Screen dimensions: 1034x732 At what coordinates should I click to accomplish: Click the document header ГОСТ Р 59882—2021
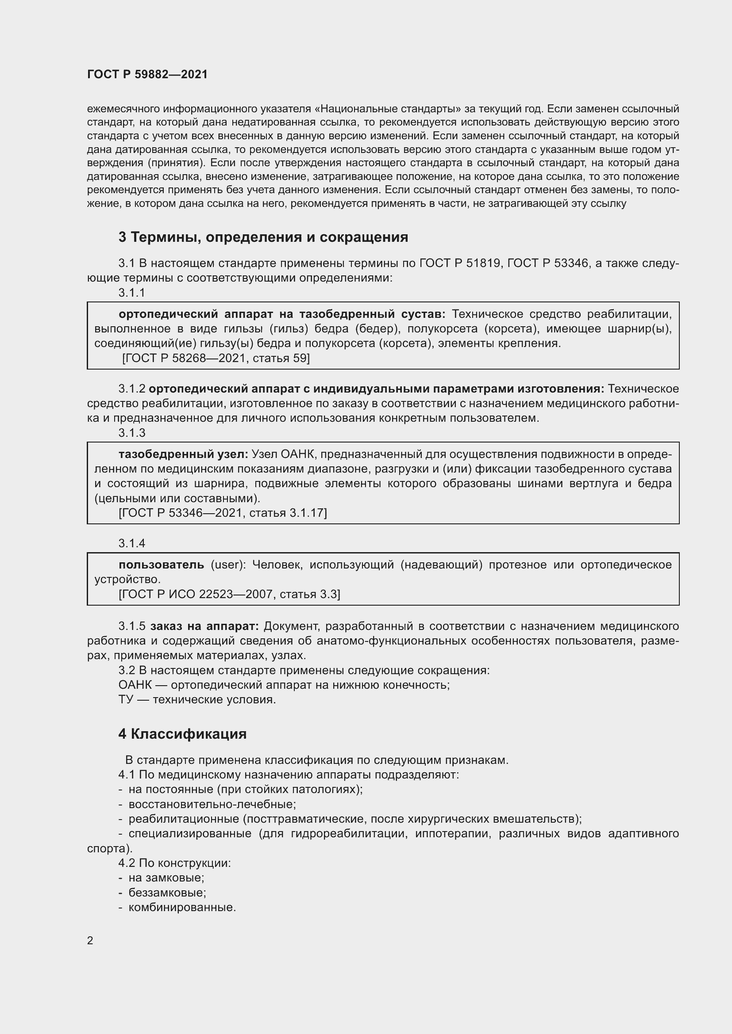point(147,74)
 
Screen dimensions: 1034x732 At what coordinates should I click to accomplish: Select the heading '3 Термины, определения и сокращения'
point(263,237)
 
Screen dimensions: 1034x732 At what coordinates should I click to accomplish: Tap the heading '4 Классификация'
point(182,734)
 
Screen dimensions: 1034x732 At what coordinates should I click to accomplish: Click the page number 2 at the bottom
point(90,940)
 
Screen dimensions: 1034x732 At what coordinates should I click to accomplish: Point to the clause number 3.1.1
point(131,293)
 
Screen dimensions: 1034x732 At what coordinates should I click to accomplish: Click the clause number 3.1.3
point(131,433)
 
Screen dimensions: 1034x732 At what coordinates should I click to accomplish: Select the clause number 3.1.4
point(131,544)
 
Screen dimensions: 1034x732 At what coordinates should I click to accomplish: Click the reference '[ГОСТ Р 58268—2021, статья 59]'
point(216,358)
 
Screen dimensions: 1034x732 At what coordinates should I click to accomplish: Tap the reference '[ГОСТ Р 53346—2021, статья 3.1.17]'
point(223,513)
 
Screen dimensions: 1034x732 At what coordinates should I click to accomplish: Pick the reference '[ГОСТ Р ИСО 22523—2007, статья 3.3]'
point(229,594)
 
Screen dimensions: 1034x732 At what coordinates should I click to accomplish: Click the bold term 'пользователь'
point(162,565)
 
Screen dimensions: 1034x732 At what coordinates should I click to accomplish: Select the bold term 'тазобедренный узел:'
point(183,454)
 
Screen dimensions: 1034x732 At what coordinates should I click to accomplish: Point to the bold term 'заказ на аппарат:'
point(204,626)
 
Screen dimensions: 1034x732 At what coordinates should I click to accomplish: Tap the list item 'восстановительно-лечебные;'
point(212,804)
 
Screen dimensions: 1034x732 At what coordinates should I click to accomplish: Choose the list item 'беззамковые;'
point(167,893)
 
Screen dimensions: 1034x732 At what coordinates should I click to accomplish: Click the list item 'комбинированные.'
point(182,908)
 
